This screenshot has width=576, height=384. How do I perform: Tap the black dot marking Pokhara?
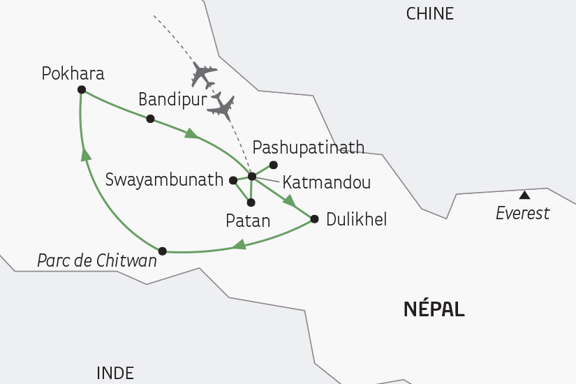pos(82,89)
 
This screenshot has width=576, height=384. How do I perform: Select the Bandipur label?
pos(172,100)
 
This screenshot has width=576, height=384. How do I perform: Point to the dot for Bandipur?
pos(150,119)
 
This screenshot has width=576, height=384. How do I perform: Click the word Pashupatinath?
pos(308,147)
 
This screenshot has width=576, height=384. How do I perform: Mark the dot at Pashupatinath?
pos(274,165)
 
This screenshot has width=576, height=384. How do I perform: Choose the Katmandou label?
pos(326,183)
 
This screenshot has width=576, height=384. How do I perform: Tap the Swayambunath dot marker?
pos(233,180)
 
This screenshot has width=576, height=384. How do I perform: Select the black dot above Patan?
pos(251,202)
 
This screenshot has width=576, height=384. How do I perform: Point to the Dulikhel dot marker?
pos(313,219)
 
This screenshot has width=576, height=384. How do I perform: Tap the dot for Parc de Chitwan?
pos(163,251)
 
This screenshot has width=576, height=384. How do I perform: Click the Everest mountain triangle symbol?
pos(524,195)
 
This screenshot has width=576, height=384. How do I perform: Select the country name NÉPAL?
pos(434,309)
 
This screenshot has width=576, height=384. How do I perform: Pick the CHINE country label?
pos(430,13)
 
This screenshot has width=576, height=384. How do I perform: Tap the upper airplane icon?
pos(203,73)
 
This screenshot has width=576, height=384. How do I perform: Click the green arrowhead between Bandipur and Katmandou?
pos(190,133)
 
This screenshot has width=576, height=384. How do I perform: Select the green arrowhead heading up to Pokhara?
pos(86,154)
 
